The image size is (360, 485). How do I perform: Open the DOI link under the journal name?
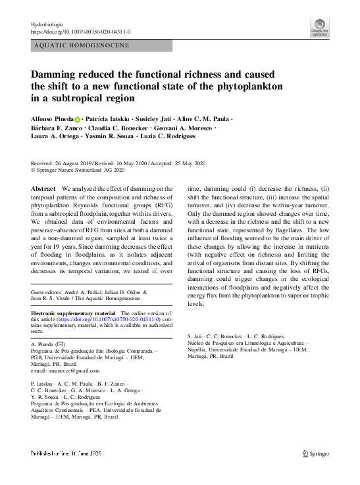[x=81, y=32]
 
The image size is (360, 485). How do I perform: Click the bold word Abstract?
[x=43, y=189]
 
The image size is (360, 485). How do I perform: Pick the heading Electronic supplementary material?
[x=72, y=313]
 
